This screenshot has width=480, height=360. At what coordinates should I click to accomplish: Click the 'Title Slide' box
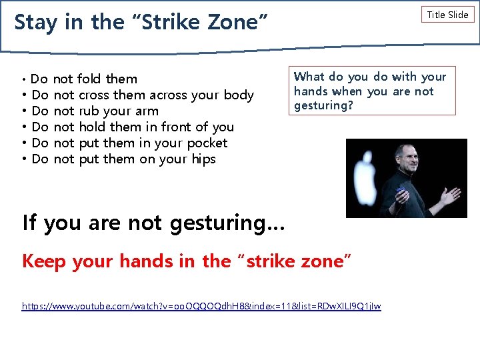click(x=447, y=15)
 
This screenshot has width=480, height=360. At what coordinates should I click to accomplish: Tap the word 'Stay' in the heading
click(x=37, y=22)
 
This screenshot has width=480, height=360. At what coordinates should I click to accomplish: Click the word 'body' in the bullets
click(x=239, y=95)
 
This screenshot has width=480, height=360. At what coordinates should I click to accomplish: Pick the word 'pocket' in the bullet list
click(x=207, y=143)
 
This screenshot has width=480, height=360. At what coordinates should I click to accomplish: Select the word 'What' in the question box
click(x=309, y=77)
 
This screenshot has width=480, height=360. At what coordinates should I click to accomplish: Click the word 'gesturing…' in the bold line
click(x=227, y=223)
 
